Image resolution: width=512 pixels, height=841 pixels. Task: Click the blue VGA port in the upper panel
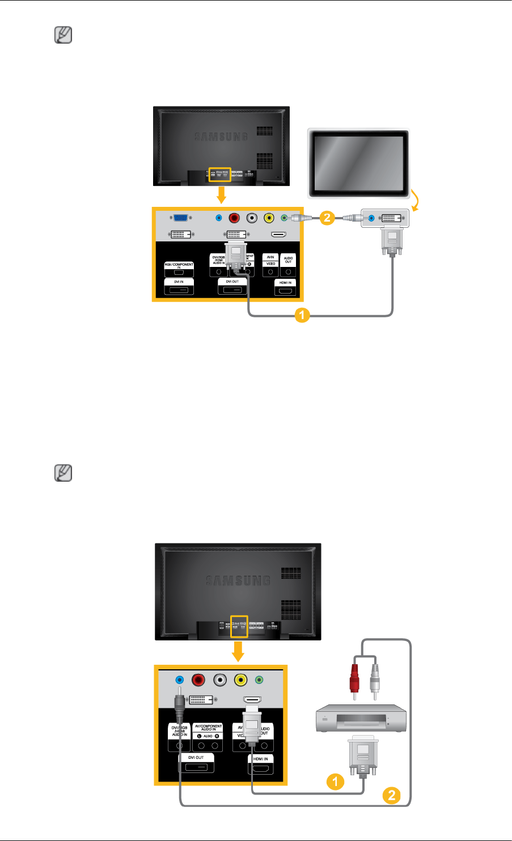[181, 217]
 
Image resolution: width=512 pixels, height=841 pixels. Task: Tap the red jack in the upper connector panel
[235, 217]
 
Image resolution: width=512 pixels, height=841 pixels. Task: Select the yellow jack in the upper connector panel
[269, 217]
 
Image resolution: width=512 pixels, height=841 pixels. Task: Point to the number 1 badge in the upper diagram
[301, 316]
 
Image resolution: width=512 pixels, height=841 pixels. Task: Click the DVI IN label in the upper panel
[179, 281]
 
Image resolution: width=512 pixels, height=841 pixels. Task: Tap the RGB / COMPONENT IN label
[179, 265]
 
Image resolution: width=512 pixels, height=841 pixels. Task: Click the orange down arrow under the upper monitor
[222, 196]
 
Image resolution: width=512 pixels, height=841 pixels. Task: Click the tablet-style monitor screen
[357, 162]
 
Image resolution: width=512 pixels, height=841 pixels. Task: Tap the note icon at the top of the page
[63, 36]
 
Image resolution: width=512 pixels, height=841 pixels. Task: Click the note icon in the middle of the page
[63, 473]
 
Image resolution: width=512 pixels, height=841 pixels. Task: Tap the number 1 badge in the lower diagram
[335, 782]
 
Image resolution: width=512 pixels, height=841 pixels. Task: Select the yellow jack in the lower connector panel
[240, 679]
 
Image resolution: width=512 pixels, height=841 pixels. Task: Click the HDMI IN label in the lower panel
[260, 758]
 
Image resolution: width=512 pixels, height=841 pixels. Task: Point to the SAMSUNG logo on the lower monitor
[238, 580]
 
